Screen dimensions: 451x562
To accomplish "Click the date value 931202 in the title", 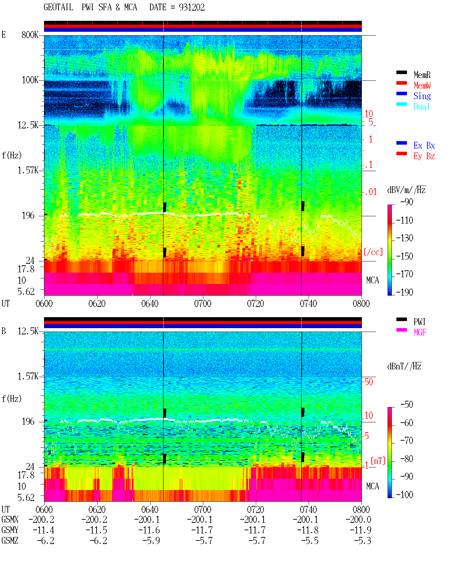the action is [192, 7].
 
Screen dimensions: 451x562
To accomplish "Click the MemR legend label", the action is [422, 75].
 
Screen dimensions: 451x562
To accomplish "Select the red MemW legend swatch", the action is [401, 83].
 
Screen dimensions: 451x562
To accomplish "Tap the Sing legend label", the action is [422, 96].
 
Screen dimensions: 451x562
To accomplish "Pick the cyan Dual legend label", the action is [422, 107].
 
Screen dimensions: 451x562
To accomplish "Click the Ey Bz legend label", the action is [424, 156].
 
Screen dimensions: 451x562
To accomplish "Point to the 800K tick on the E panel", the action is [30, 35].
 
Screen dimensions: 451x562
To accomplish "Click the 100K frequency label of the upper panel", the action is [30, 80].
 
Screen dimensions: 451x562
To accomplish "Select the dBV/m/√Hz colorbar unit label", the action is [406, 190].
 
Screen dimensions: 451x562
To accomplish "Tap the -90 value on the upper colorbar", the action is [407, 202].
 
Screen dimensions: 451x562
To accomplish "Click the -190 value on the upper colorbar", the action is [404, 292].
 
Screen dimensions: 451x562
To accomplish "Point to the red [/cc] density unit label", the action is [373, 252].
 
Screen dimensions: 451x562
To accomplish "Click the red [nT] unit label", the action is [378, 460].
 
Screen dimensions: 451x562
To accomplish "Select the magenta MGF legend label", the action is [420, 332].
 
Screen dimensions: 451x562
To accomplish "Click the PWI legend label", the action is [420, 322].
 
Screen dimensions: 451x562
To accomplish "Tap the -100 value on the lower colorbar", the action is [404, 495].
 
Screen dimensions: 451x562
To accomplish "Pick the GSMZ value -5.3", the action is [363, 540].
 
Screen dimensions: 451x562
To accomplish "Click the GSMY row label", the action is [10, 530].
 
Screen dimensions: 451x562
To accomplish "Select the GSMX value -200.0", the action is [358, 519].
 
